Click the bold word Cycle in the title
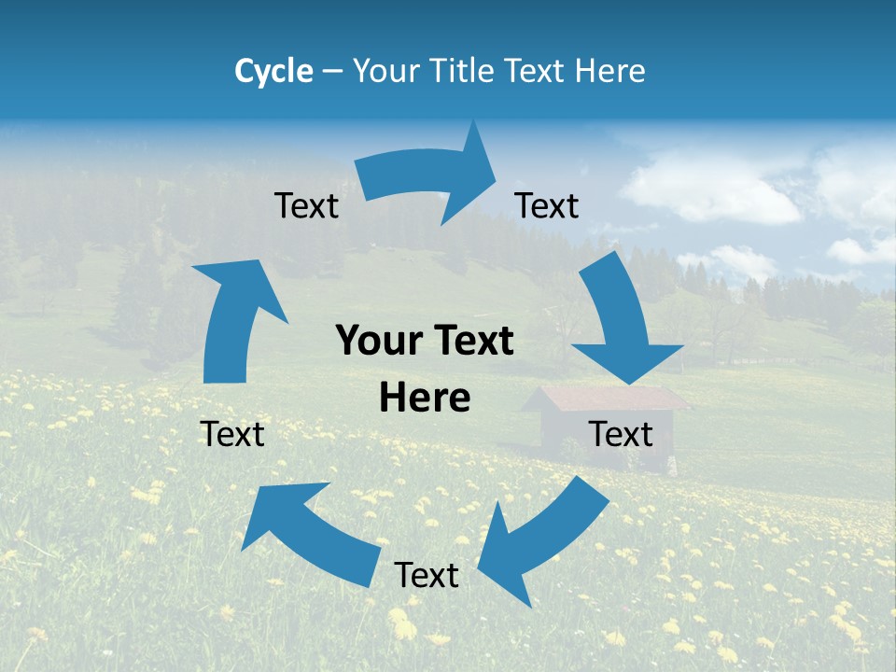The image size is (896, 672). tap(273, 71)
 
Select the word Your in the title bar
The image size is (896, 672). tap(386, 71)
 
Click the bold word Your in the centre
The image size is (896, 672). tap(380, 342)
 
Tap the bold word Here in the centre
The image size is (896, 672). tap(425, 399)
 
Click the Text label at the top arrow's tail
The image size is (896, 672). tap(306, 206)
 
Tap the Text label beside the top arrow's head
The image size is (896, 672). tap(547, 206)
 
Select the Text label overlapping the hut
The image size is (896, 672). tap(621, 434)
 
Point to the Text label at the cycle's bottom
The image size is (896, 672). tap(427, 575)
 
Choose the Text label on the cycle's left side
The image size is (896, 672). tap(232, 434)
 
